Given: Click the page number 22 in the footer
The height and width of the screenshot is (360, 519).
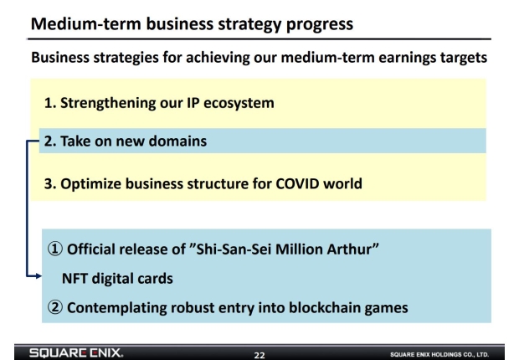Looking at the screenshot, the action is point(259,355).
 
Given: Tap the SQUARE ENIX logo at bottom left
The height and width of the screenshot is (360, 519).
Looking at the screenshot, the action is point(76,352).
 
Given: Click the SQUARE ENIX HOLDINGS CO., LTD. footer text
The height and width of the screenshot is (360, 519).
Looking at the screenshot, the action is point(439,354).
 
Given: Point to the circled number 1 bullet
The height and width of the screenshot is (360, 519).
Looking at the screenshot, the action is point(55,249).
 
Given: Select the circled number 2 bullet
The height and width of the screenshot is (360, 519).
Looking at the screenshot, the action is point(55,307).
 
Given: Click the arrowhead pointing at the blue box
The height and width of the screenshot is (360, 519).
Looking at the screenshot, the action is point(39,275).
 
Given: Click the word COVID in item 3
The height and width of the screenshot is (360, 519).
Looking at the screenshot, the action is point(297,183).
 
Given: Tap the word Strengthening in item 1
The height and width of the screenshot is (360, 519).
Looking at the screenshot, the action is point(108,103).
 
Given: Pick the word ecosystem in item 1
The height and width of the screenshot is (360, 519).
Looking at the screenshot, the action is point(239,103).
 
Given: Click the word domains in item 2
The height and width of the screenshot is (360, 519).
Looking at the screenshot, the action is point(177,141).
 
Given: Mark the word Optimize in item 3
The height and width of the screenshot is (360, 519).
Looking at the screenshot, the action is point(90,184).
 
